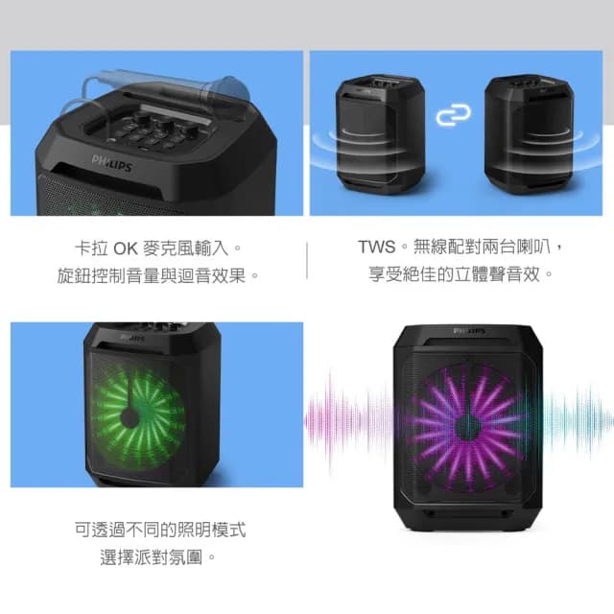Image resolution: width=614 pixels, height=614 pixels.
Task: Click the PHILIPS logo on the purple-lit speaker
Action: [468, 331]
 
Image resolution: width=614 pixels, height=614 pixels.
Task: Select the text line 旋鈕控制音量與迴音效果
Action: [158, 276]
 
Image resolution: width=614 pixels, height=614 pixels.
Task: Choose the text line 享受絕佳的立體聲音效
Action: [462, 275]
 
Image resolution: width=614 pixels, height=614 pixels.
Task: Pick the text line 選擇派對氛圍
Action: [159, 556]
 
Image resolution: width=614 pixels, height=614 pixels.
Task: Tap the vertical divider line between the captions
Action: [307, 260]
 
